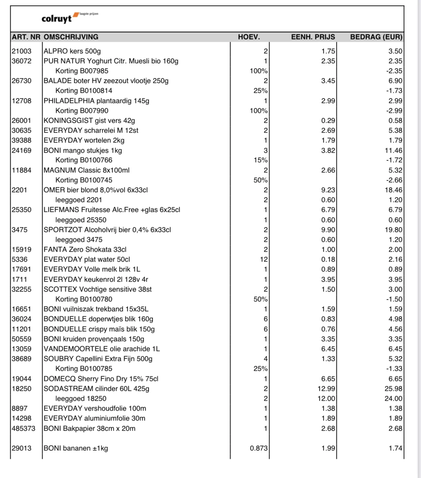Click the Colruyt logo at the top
coord(58,18)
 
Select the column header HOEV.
coord(249,37)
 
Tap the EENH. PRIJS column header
coord(313,37)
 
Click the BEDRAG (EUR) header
coord(376,37)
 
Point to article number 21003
coord(22,51)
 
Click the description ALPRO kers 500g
coord(72,51)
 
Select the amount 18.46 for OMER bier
coord(393,190)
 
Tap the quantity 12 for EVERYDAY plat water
coord(264,259)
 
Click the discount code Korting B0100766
coord(84,160)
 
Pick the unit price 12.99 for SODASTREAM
coord(326,389)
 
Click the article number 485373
coord(23,428)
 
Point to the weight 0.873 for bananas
coord(259,448)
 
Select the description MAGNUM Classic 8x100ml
coord(87,170)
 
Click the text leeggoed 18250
coord(81,398)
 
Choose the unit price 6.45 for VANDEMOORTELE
coord(328,349)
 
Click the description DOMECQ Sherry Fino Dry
coord(101,379)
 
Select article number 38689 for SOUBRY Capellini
coord(22,359)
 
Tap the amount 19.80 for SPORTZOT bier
coord(393,230)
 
